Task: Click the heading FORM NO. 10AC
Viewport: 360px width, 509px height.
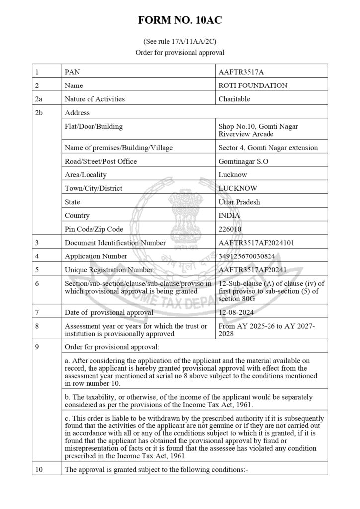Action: coord(180,21)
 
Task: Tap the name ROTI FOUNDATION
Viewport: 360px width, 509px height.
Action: coord(253,85)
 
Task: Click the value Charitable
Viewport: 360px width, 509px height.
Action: coord(234,99)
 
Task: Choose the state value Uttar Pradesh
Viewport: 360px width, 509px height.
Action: coord(239,202)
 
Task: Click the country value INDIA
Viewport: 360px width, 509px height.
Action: coord(229,216)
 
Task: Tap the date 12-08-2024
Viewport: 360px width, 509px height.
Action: coord(236,312)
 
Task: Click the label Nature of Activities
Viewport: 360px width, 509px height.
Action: coord(94,99)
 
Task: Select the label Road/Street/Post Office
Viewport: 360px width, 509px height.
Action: coord(100,161)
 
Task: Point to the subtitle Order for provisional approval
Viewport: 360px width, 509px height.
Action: coord(180,52)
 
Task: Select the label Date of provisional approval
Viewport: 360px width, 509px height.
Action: coord(109,312)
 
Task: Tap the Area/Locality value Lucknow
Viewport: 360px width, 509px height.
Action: coord(233,175)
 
